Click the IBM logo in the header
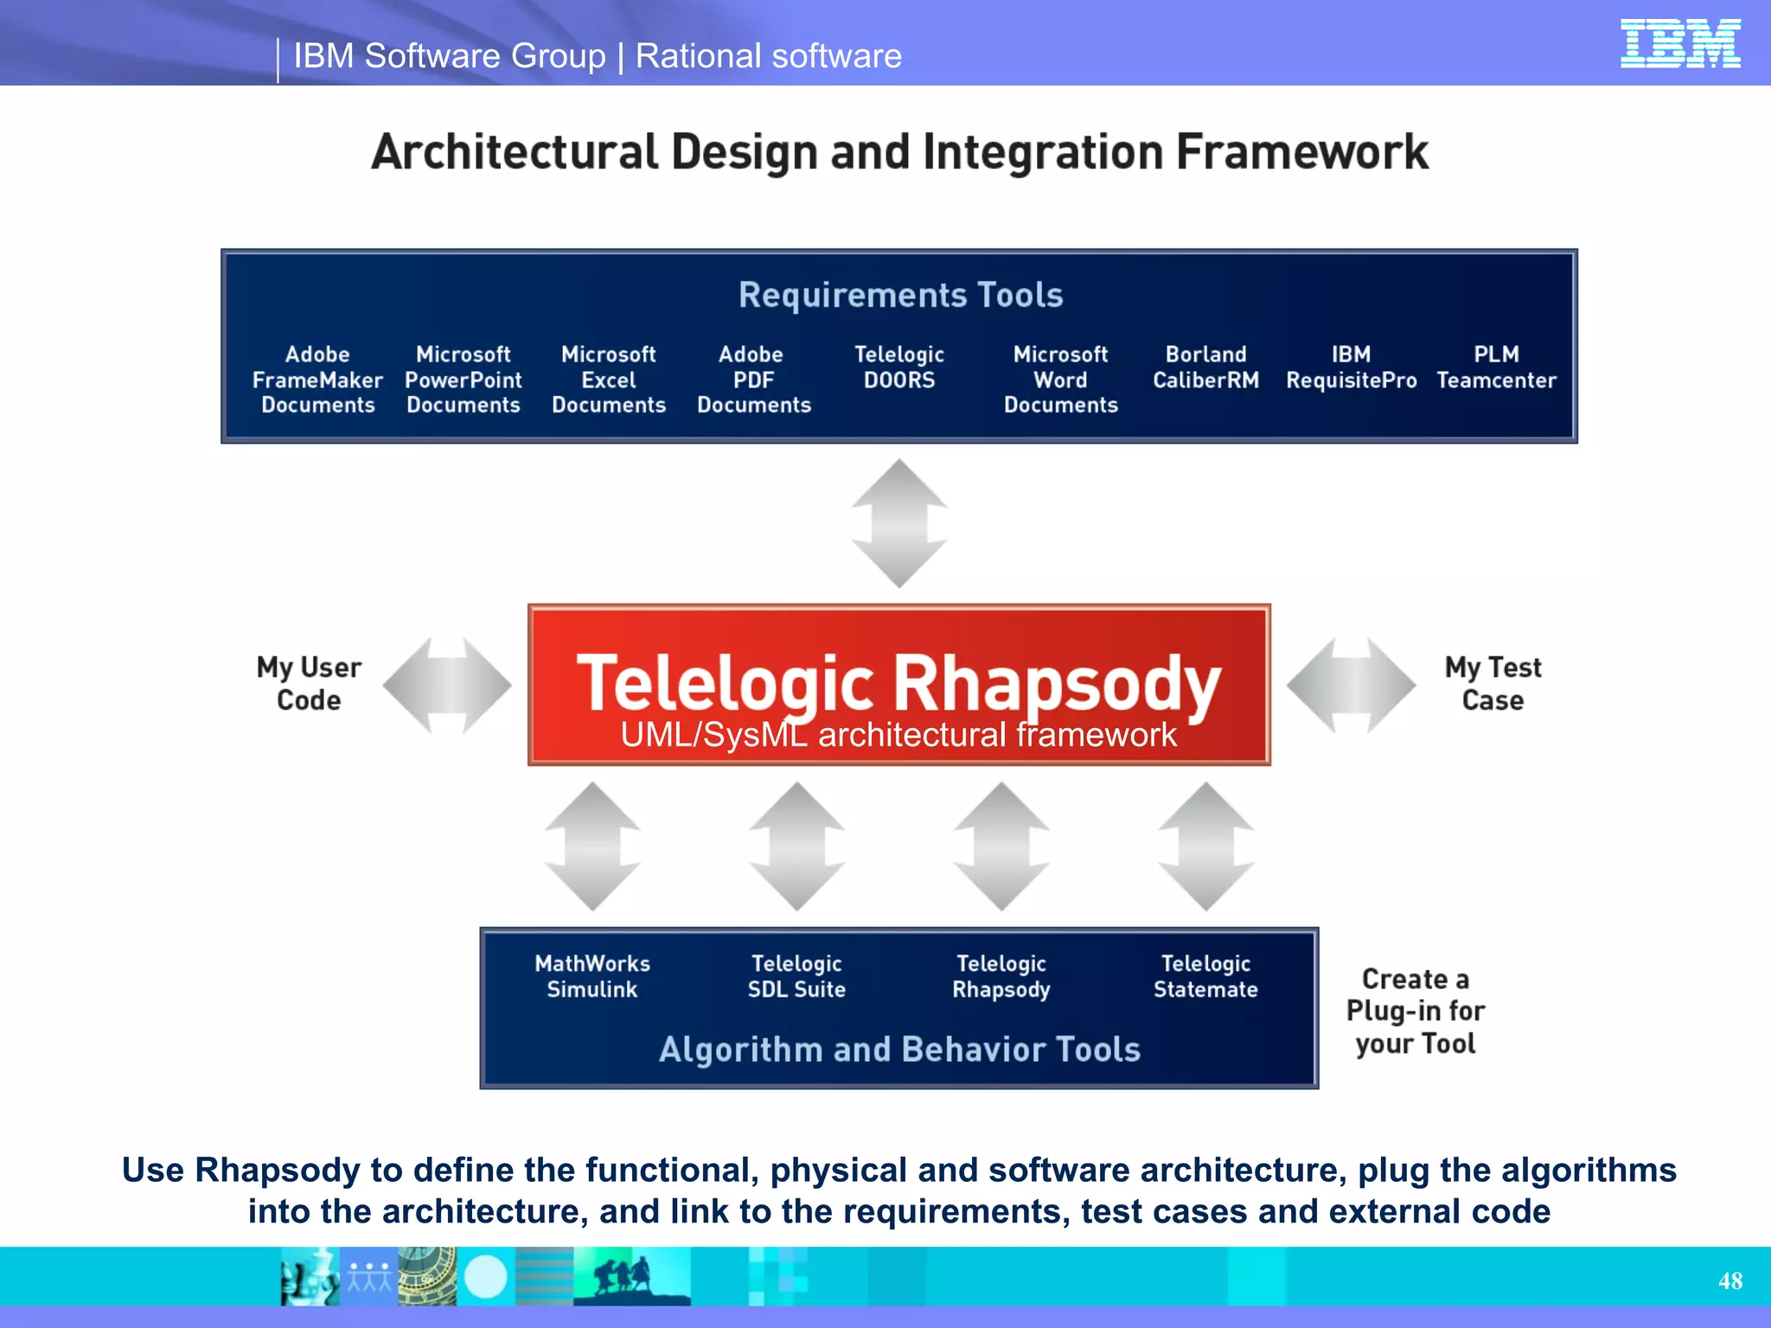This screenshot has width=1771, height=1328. pos(1679,43)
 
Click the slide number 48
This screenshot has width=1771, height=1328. pos(1729,1280)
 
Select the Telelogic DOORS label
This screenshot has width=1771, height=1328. pos(899,367)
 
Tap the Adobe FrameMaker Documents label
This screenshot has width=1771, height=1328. pos(317,380)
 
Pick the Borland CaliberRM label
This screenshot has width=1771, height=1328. pos(1205,367)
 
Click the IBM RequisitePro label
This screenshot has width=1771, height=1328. pos(1351,367)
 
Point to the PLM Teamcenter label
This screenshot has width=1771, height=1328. pos(1496,367)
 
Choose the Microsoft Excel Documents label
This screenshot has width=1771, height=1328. pos(609,380)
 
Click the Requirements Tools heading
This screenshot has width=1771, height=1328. pos(900,295)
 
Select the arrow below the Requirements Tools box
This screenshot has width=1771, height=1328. pos(899,523)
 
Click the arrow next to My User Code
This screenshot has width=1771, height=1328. pos(447,685)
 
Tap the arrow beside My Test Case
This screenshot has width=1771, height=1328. pos(1351,685)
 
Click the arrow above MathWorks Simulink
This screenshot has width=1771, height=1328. pos(592,846)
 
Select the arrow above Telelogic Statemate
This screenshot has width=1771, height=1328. pos(1205,846)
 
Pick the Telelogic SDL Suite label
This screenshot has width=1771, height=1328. pos(796,976)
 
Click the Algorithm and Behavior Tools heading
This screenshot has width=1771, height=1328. pos(899,1049)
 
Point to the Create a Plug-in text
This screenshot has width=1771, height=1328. pos(1415,1011)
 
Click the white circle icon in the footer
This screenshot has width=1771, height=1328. pos(485,1277)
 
